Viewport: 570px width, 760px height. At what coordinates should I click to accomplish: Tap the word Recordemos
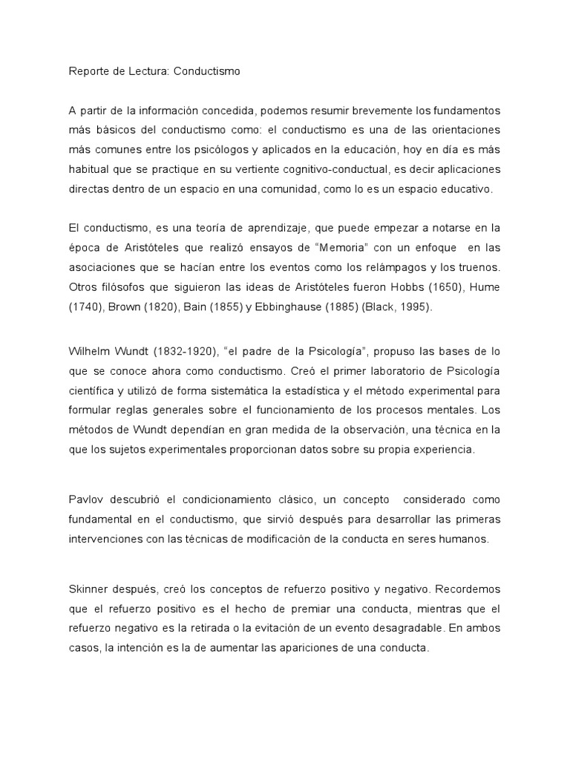(468, 589)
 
